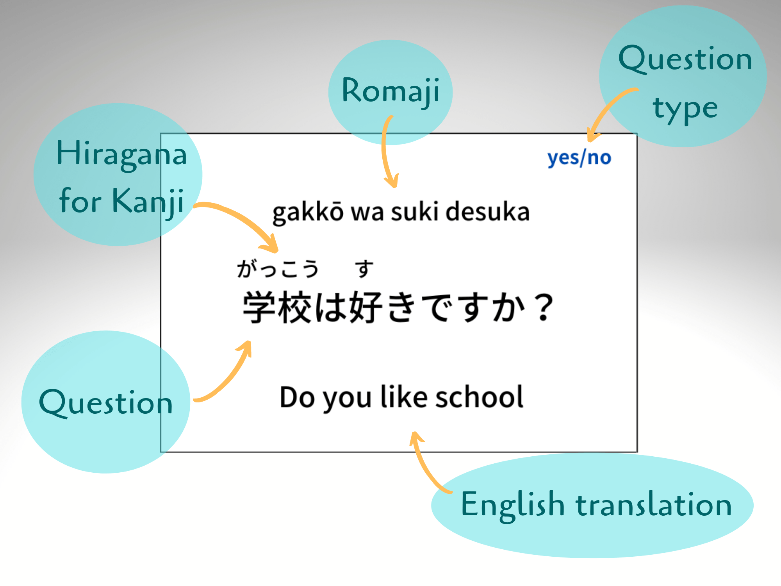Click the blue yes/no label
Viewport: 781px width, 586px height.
coord(579,158)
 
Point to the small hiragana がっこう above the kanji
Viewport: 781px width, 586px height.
coord(278,269)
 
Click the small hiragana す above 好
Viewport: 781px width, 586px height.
coord(364,269)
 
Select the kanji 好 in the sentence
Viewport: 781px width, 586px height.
coord(366,307)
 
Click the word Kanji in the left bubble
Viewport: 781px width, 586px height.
coord(148,201)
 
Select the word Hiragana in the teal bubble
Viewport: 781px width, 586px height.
coord(121,154)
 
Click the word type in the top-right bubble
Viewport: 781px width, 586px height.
coord(685,109)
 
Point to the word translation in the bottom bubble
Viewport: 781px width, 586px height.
coord(654,505)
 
